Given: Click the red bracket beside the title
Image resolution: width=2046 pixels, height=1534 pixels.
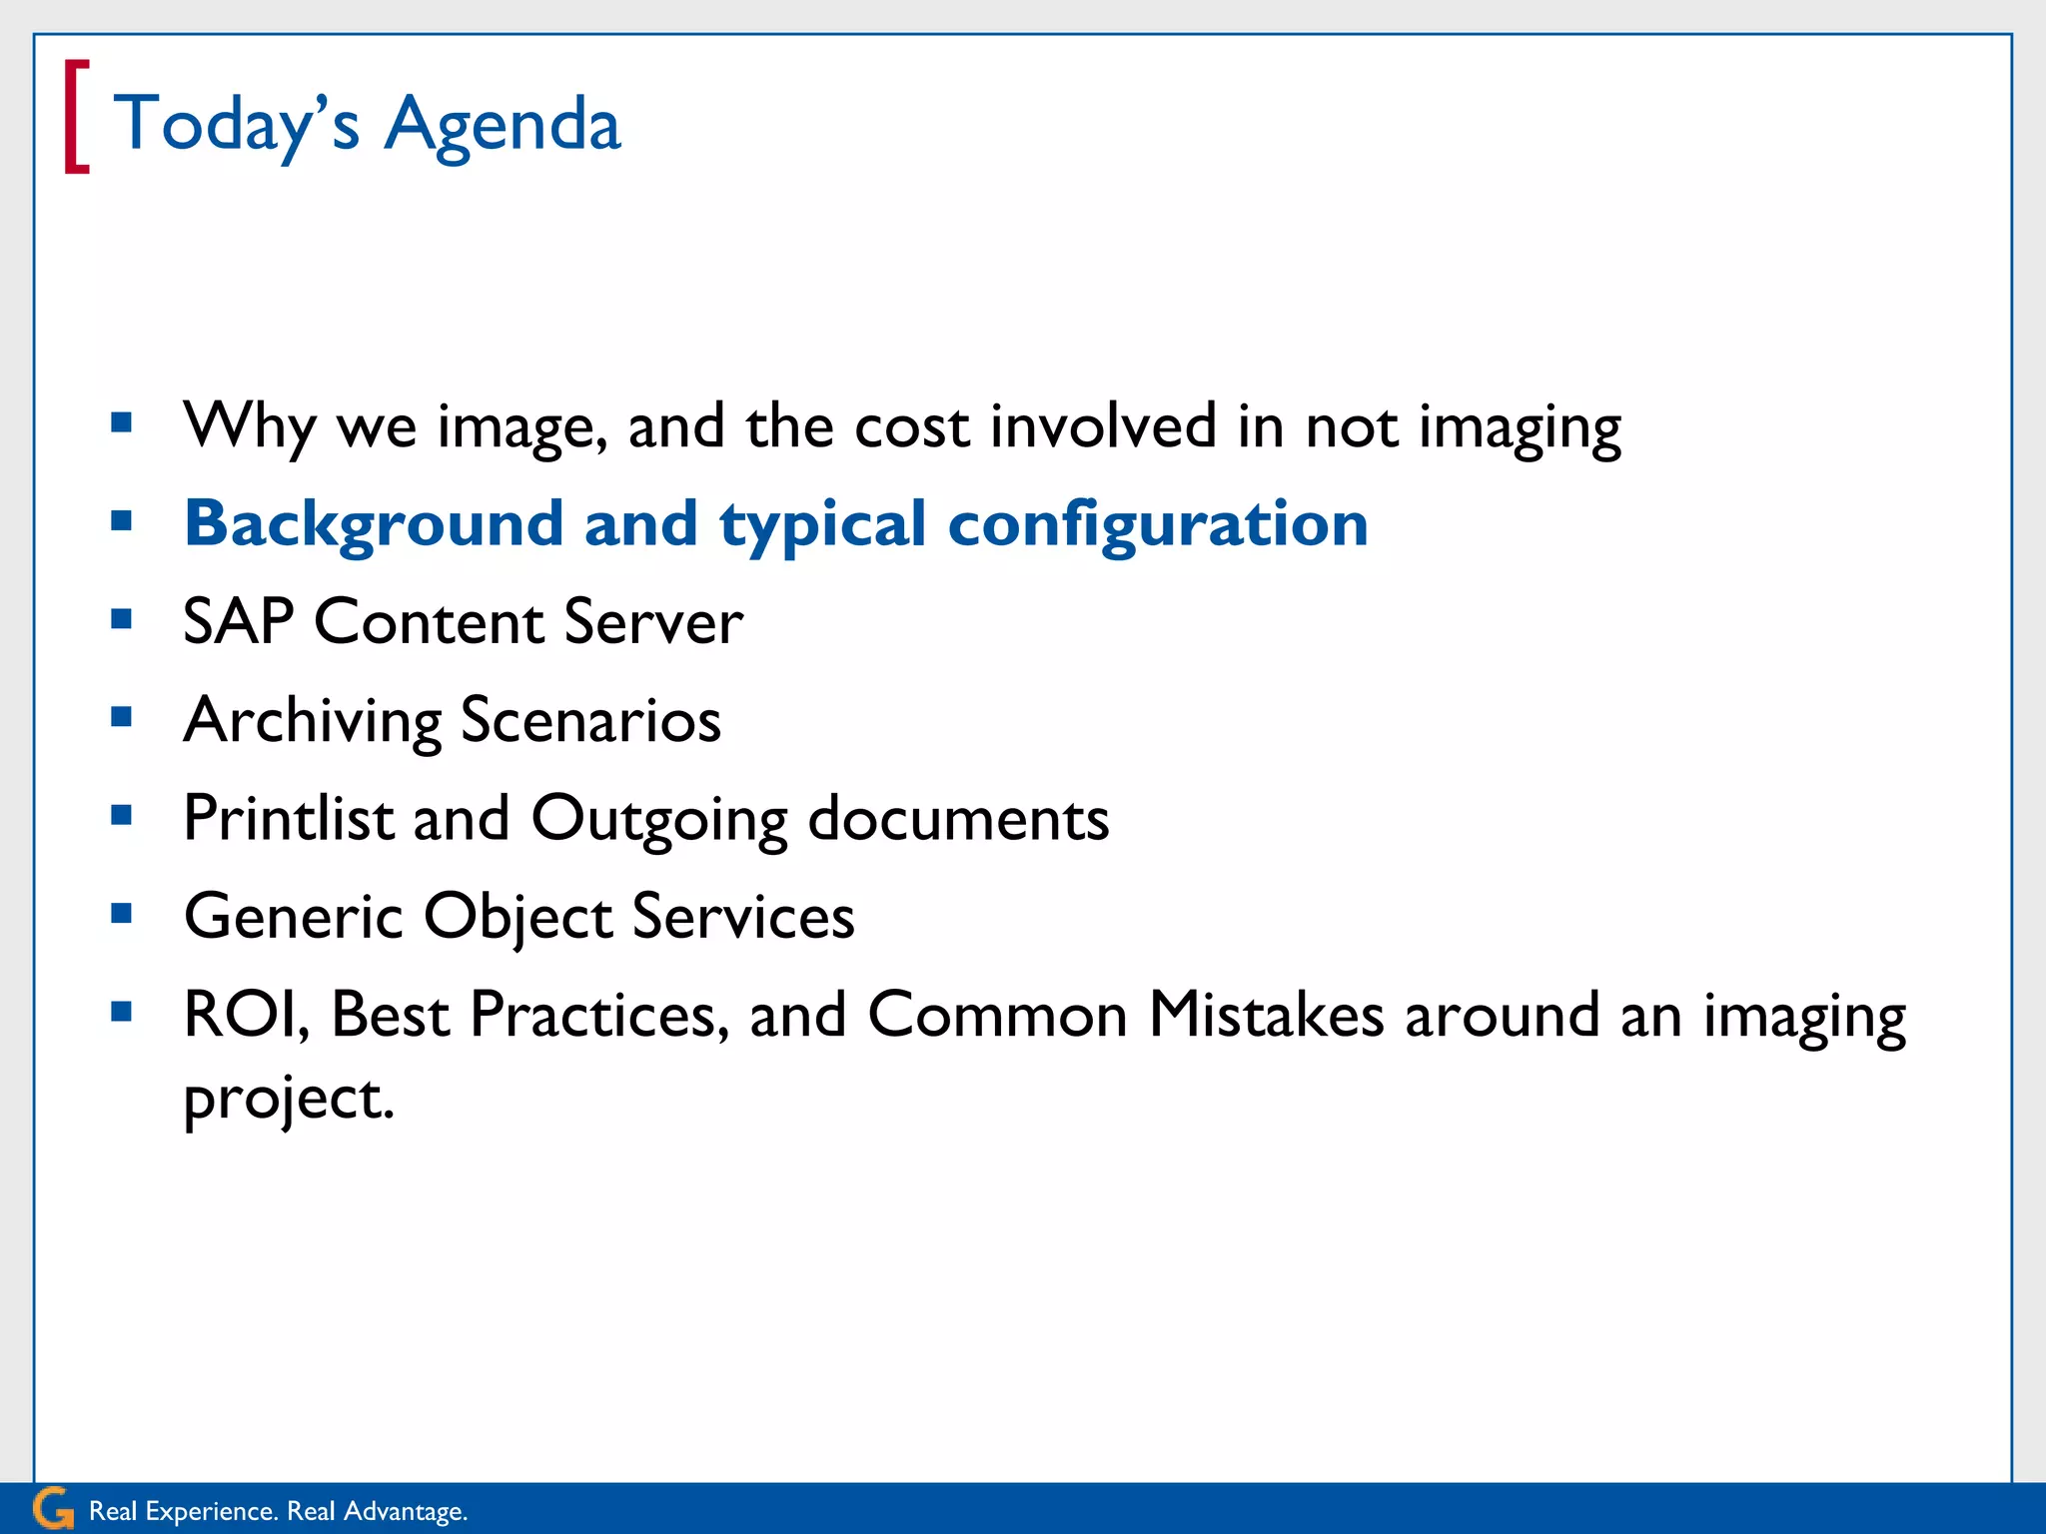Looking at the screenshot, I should pos(76,118).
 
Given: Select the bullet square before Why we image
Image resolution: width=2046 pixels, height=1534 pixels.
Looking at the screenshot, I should pos(122,422).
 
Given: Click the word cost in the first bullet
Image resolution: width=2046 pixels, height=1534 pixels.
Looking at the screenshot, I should pos(911,426).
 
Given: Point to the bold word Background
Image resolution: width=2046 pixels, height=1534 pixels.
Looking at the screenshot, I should pos(374,524).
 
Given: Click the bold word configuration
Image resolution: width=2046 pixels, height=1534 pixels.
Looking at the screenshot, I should pos(1157,524).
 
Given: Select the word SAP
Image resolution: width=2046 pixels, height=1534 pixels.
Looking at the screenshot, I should pos(238,622).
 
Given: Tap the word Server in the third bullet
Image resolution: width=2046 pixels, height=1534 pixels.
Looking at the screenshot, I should pos(653,622).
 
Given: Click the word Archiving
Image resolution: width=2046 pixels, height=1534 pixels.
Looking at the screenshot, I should pos(313,721).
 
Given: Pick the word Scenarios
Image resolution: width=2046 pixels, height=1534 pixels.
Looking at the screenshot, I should pos(590,721).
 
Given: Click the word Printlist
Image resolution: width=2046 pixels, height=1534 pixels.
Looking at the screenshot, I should pos(289,819).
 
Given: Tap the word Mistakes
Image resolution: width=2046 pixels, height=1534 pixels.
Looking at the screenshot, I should pos(1266,1015).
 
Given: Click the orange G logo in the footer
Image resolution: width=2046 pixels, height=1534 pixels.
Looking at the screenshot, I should pos(52,1508).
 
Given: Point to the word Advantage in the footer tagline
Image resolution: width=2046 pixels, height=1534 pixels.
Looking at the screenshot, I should pos(405,1511).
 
